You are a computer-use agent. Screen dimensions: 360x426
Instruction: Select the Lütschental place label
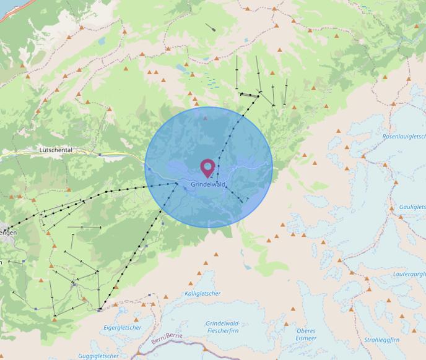click(56, 150)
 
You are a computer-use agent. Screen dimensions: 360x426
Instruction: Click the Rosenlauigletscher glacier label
click(404, 136)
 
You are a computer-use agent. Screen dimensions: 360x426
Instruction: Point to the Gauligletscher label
click(412, 207)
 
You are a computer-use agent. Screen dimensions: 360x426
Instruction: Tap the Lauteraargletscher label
click(409, 273)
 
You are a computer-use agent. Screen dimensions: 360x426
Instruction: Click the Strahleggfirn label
click(381, 340)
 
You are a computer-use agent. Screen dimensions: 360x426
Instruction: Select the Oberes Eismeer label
click(306, 334)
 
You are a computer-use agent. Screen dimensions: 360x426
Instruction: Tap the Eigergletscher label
click(123, 327)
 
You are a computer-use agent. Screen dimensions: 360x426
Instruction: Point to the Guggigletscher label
click(99, 356)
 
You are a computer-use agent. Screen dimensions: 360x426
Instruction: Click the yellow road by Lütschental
click(118, 155)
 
